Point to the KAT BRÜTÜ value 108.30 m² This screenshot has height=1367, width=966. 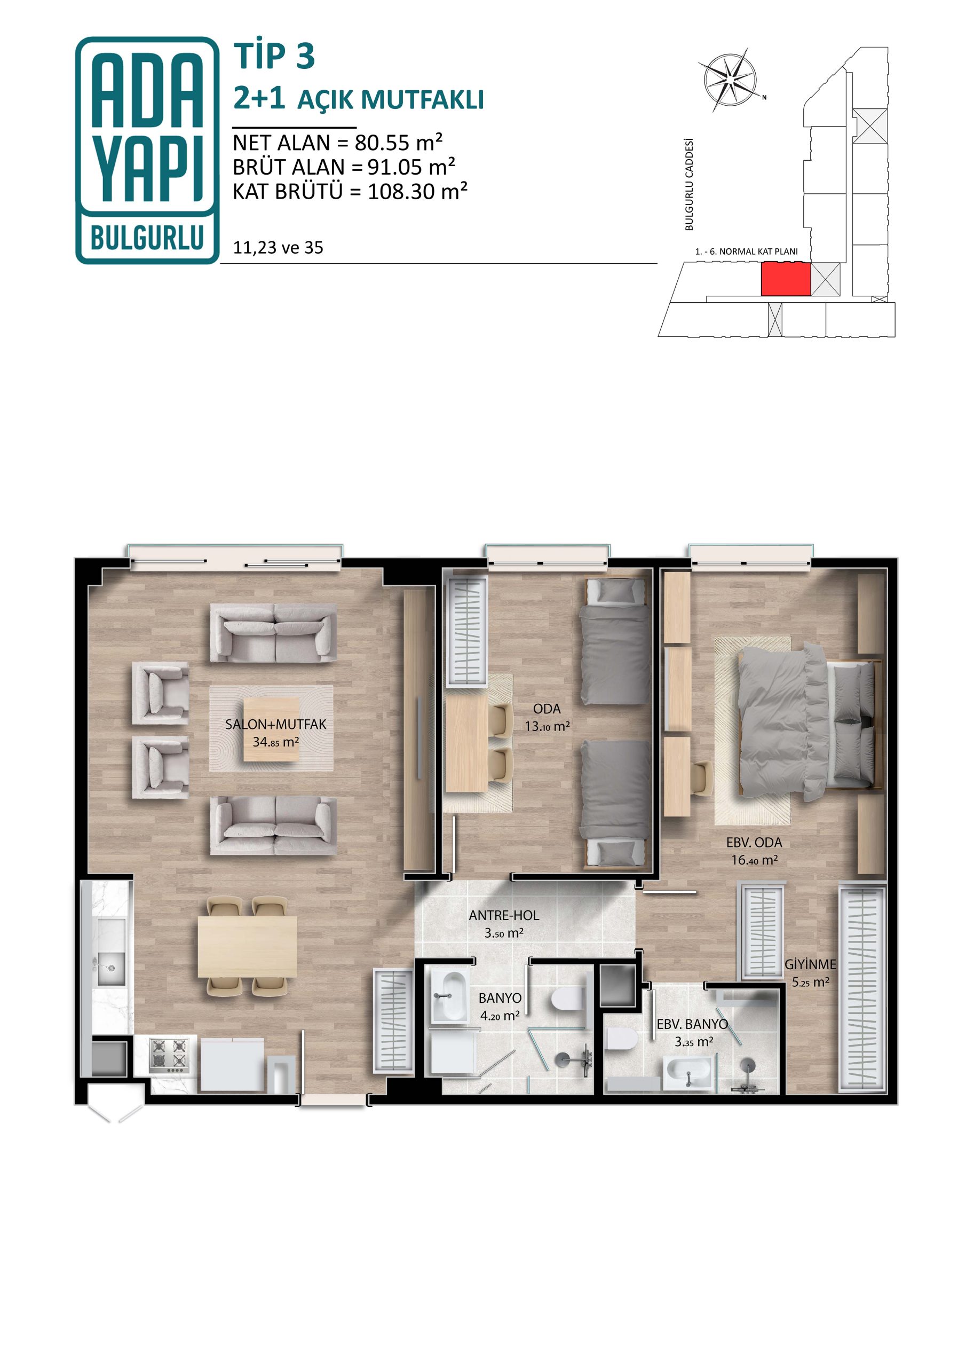417,192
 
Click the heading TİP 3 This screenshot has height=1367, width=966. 274,57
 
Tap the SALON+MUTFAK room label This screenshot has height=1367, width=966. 275,725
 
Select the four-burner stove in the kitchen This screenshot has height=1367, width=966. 169,1056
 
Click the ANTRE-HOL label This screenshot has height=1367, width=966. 503,916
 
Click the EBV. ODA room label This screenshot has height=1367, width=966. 754,843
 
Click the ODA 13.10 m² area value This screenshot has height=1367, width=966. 547,726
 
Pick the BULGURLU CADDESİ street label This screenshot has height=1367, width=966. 689,185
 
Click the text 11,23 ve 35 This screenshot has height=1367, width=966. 278,248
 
